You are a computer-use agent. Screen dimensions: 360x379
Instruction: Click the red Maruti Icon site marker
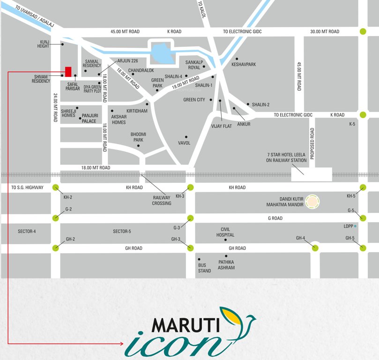68,72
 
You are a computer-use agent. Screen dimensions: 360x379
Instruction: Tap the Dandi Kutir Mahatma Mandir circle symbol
312,202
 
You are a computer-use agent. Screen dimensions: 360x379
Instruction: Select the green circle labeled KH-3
191,187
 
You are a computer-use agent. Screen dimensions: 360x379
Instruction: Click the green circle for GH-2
56,247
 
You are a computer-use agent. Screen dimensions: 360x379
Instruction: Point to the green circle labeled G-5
363,217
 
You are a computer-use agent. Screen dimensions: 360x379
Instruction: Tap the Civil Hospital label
225,232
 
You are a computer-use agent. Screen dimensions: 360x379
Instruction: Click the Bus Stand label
205,268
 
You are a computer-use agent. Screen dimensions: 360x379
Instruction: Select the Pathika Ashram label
226,265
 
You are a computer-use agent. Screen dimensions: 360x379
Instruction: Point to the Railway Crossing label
162,200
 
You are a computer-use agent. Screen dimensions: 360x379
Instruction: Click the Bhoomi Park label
138,137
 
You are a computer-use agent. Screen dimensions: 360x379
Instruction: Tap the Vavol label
184,143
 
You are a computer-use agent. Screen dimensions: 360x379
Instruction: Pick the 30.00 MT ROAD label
325,31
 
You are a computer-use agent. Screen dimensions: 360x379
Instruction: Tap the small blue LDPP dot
356,226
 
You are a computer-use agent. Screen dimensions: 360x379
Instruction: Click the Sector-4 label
27,232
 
